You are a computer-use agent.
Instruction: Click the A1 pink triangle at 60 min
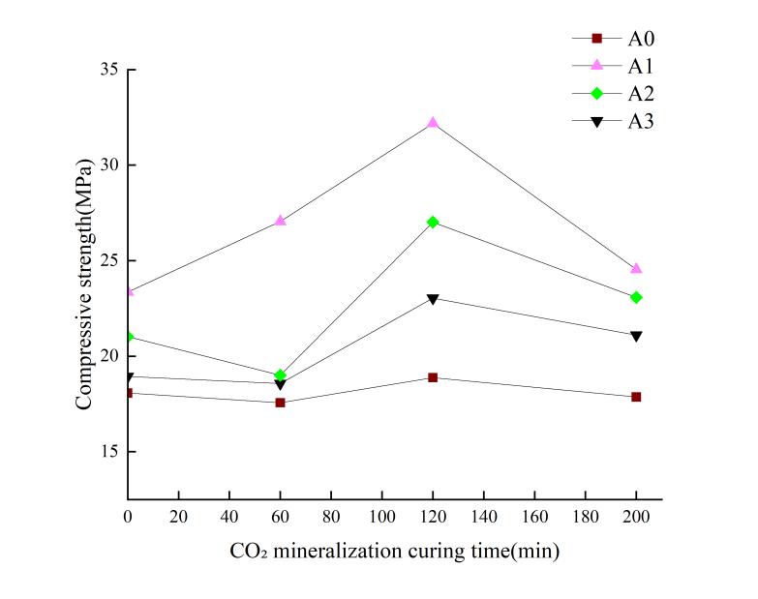coord(280,221)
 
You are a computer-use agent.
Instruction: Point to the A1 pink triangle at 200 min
coord(636,268)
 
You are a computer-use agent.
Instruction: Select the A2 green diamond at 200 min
coord(636,297)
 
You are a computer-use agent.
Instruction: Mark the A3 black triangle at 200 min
coord(636,337)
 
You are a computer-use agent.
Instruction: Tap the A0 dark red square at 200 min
coord(636,397)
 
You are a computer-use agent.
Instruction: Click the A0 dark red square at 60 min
coord(280,402)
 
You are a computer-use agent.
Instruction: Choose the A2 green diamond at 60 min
coord(280,374)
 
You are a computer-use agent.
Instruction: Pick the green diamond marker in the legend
coord(597,93)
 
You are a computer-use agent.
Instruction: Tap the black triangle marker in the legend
coord(597,121)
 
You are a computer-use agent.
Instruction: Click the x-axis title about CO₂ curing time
coord(393,552)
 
